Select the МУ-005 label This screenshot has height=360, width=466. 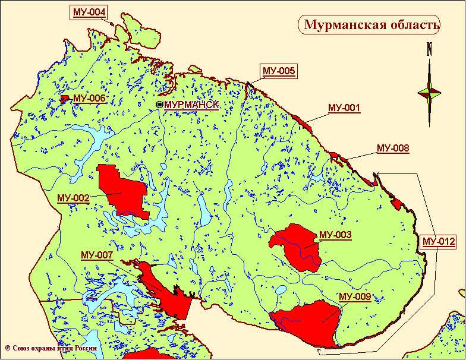(278, 71)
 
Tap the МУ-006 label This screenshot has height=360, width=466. (89, 98)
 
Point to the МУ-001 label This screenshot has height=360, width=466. (344, 108)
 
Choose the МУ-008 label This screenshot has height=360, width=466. (393, 149)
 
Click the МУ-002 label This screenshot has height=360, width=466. (73, 198)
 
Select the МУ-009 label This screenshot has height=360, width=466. (355, 296)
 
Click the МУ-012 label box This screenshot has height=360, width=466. (439, 242)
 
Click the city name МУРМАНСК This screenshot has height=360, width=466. (191, 105)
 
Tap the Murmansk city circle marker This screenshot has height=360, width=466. (159, 105)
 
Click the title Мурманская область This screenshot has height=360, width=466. (371, 25)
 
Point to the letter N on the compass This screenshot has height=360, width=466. (429, 50)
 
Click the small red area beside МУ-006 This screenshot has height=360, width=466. (64, 98)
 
